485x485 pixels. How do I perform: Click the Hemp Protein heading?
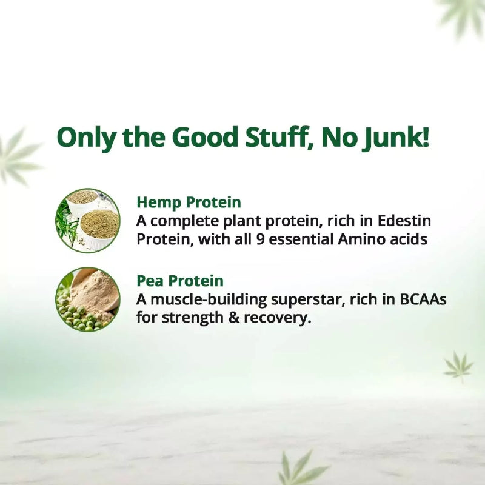pyautogui.click(x=189, y=202)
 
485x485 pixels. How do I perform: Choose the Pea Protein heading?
pyautogui.click(x=180, y=281)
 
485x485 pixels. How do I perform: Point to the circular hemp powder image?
pyautogui.click(x=88, y=220)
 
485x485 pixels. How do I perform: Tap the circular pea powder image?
pyautogui.click(x=88, y=299)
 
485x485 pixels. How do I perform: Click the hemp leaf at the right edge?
pyautogui.click(x=458, y=366)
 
